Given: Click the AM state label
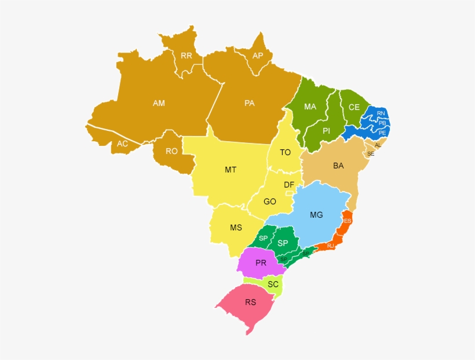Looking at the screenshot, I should point(159,103).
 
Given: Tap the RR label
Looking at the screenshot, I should point(187,56).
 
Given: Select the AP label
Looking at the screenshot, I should point(258,56).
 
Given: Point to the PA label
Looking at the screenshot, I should point(250,103).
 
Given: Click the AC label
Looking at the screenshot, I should point(122,144).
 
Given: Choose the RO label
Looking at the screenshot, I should point(171,151).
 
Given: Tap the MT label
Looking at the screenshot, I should point(231,170).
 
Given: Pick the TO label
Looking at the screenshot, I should point(285,153).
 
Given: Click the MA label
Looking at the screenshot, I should point(310,107).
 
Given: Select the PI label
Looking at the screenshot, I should point(326,131).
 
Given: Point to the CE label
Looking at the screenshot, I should point(354,107).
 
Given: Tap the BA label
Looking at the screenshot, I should point(338,166).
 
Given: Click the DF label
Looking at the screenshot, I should point(289,185).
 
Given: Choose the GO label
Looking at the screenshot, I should point(270,202).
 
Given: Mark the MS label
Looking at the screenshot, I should point(236,227).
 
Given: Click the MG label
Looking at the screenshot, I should point(316,215).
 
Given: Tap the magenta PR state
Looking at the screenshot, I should point(261,263).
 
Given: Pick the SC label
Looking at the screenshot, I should point(273,284).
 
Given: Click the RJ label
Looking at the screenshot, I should point(331,246).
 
